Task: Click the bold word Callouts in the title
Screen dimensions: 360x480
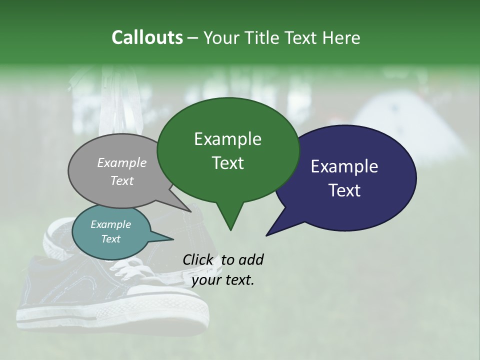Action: click(147, 37)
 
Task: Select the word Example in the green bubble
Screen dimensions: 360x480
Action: click(227, 139)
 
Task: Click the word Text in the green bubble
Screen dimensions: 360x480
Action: click(227, 162)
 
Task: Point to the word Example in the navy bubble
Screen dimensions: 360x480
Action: click(344, 166)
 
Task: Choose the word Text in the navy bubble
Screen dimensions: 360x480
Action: click(344, 190)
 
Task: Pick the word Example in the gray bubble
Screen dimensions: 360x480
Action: click(122, 162)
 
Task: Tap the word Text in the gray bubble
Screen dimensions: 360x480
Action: click(122, 180)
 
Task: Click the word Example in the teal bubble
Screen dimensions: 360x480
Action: click(111, 224)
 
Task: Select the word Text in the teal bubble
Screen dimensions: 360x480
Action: click(111, 239)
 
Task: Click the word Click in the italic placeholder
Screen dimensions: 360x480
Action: click(198, 259)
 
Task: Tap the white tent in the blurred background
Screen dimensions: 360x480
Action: click(415, 125)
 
